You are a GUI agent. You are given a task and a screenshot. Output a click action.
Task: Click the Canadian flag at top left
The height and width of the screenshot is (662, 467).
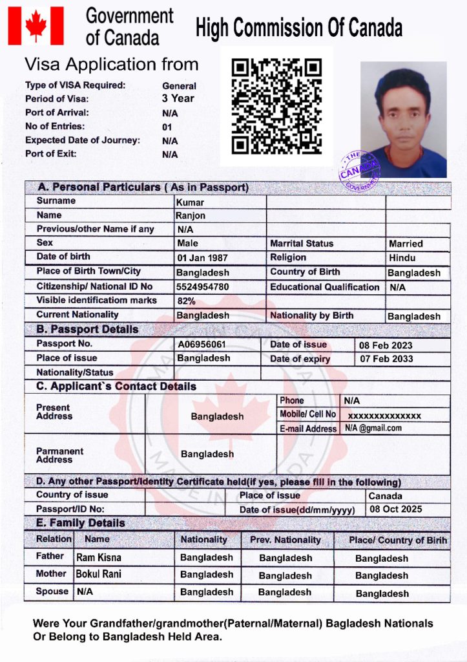click(x=36, y=26)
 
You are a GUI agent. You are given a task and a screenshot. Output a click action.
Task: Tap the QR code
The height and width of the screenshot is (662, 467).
click(x=276, y=106)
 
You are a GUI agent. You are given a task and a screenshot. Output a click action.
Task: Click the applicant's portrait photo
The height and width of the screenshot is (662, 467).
click(x=404, y=120)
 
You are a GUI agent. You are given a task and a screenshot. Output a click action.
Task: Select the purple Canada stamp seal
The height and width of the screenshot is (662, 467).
click(x=360, y=171)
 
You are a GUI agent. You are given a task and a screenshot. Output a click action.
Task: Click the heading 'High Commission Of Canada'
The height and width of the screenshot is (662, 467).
click(x=299, y=28)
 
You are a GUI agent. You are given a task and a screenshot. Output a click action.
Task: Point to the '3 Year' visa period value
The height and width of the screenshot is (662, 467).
click(x=178, y=99)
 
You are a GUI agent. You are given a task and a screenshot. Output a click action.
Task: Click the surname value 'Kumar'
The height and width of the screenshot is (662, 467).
click(x=189, y=202)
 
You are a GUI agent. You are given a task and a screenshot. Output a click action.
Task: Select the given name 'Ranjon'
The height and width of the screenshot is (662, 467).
click(x=191, y=216)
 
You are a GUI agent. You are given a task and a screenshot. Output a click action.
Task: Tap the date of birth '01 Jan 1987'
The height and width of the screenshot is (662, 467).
click(x=202, y=258)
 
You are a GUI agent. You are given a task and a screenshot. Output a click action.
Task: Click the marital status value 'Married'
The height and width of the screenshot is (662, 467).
click(x=406, y=244)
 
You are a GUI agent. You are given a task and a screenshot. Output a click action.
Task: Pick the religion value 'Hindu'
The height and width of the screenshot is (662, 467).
click(x=402, y=258)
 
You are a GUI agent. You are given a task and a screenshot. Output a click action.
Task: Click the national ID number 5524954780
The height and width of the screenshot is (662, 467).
click(x=202, y=286)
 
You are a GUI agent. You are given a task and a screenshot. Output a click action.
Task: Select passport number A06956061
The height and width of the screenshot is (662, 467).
click(x=202, y=344)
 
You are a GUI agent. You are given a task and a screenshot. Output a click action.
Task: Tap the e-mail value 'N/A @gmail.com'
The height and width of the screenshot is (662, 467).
click(x=373, y=428)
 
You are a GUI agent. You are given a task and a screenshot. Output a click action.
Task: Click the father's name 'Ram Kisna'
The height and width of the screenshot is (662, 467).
click(x=98, y=557)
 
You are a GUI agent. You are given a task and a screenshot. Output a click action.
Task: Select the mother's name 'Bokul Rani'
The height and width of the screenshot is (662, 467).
click(x=98, y=574)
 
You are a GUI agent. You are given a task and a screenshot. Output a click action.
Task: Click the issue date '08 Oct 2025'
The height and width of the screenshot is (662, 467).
click(x=395, y=509)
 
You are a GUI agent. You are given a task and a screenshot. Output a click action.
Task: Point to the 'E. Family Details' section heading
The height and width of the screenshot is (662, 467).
click(x=81, y=523)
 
